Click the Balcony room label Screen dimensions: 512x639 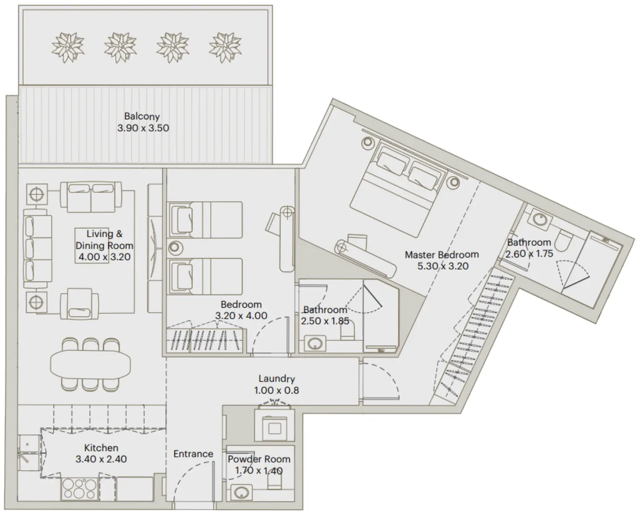(x=142, y=117)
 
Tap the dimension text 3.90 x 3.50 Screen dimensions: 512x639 (x=143, y=128)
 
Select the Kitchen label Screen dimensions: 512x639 (x=101, y=448)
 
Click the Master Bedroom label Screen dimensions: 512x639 (x=441, y=255)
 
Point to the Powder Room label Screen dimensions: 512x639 (x=259, y=459)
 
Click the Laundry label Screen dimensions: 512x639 (x=276, y=379)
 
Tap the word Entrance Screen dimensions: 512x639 (x=193, y=454)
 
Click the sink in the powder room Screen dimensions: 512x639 (x=240, y=492)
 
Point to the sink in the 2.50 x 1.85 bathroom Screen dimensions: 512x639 (x=314, y=343)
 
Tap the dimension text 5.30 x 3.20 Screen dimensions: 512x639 (x=443, y=266)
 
